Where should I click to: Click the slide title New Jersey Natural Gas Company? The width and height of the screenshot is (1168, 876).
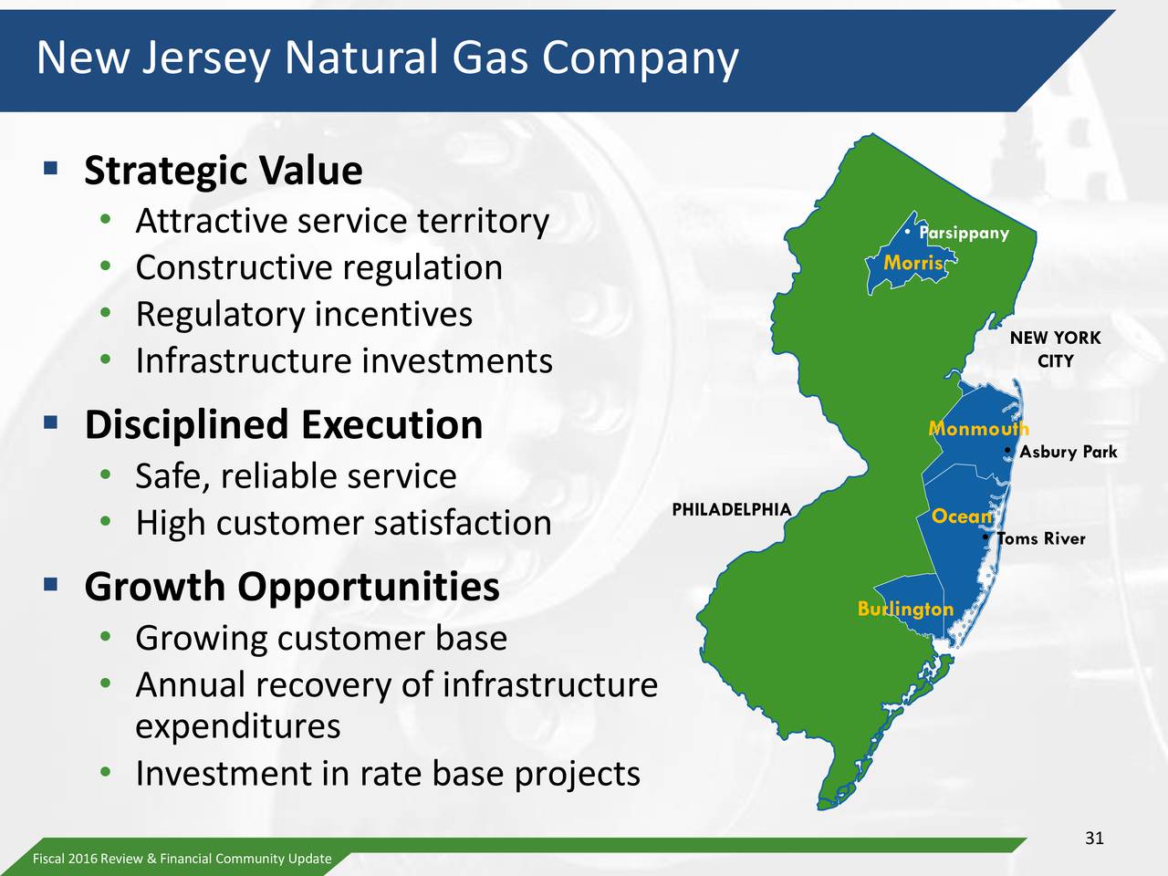pyautogui.click(x=387, y=58)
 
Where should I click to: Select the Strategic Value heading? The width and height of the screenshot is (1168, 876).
pyautogui.click(x=223, y=171)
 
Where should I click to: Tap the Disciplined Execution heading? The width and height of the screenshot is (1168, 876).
pyautogui.click(x=283, y=424)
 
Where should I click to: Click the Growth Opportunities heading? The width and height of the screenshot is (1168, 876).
pyautogui.click(x=291, y=586)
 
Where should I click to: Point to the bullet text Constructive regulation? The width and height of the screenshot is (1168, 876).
pyautogui.click(x=318, y=267)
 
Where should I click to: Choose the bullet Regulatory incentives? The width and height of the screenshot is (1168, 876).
pyautogui.click(x=303, y=314)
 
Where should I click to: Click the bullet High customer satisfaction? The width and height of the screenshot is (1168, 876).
pyautogui.click(x=343, y=523)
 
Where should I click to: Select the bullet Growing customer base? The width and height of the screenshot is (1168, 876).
pyautogui.click(x=320, y=637)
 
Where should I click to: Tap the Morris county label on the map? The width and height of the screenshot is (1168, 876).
pyautogui.click(x=913, y=263)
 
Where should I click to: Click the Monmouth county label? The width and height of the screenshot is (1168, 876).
pyautogui.click(x=978, y=428)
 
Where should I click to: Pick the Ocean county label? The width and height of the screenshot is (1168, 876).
pyautogui.click(x=961, y=516)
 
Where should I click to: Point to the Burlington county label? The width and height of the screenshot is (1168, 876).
pyautogui.click(x=905, y=609)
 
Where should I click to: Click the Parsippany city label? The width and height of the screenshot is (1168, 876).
pyautogui.click(x=965, y=233)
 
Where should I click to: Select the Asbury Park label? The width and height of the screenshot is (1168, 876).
pyautogui.click(x=1068, y=452)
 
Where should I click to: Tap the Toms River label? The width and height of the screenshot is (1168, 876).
pyautogui.click(x=1041, y=538)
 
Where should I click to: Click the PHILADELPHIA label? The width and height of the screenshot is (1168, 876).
pyautogui.click(x=731, y=509)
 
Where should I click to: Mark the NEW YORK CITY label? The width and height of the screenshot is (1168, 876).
pyautogui.click(x=1055, y=349)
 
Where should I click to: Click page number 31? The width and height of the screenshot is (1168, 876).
pyautogui.click(x=1094, y=839)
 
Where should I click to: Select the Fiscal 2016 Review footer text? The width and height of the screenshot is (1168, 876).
pyautogui.click(x=182, y=859)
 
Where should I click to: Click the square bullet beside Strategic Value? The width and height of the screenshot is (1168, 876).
pyautogui.click(x=50, y=168)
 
